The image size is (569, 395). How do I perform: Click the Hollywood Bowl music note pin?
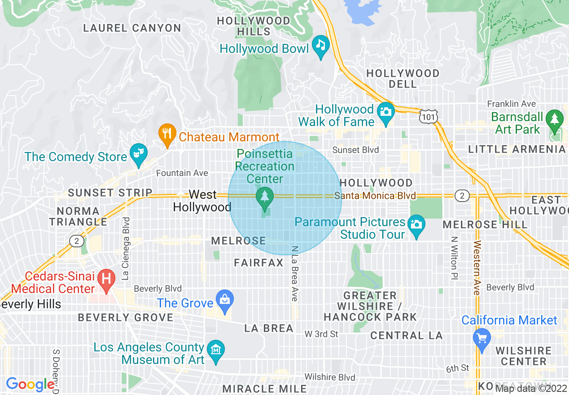321,46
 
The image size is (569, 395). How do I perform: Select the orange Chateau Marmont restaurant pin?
167,134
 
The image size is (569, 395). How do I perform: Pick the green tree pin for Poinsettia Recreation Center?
264,197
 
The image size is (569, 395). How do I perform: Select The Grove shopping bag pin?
224,300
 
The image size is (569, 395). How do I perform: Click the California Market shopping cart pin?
482,338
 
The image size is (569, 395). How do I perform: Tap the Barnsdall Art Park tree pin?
556,120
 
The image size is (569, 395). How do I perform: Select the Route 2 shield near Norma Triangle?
77,241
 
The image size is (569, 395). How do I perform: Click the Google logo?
30,384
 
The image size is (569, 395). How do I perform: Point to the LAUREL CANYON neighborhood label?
132,28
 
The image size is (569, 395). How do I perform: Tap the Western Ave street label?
477,268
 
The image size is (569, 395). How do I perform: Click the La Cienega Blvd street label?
126,249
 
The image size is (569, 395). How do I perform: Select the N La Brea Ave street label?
294,273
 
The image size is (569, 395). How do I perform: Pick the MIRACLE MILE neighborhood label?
265,389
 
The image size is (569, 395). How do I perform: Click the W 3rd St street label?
321,334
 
